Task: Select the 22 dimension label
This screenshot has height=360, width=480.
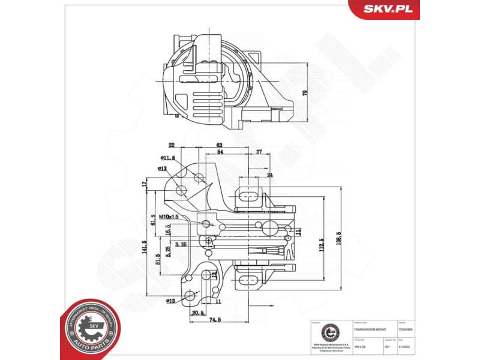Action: [x=172, y=145]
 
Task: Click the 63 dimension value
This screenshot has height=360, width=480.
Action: [x=220, y=145]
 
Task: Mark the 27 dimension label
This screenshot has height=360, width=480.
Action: [x=259, y=152]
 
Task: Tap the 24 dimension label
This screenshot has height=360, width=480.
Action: [x=269, y=175]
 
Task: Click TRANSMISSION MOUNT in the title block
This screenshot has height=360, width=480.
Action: [x=369, y=330]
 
